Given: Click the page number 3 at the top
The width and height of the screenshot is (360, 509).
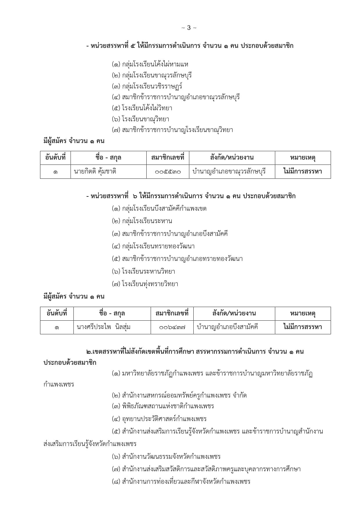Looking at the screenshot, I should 189,28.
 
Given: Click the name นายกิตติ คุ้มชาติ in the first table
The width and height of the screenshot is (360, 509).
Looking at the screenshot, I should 95,172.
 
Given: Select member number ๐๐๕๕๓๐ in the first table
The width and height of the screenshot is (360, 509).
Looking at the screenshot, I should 168,172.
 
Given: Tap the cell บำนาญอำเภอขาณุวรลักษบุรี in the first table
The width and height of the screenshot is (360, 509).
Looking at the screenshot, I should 229,172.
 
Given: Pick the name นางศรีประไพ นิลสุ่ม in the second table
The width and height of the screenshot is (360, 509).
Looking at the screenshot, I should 103,327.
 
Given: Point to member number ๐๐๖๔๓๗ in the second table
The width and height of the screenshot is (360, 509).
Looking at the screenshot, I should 172,327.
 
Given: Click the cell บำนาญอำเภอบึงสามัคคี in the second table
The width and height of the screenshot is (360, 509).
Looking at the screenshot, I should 227,327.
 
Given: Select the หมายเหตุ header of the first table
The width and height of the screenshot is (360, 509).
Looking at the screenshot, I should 303,158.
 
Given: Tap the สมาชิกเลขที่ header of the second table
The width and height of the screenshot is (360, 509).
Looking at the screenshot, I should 172,313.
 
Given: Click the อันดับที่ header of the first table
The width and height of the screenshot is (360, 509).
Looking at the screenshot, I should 55,158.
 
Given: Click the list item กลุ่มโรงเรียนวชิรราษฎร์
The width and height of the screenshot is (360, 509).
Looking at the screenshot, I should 147,86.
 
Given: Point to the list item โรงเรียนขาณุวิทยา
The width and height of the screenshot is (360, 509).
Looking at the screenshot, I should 141,119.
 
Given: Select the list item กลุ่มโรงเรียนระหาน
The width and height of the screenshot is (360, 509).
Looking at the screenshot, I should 142,221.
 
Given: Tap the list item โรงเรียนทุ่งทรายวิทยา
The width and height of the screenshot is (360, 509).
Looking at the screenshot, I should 145,284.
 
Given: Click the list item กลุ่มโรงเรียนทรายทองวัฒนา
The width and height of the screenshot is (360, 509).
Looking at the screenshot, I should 153,246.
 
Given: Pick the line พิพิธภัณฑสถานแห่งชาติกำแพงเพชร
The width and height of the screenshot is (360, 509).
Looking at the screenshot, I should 163,406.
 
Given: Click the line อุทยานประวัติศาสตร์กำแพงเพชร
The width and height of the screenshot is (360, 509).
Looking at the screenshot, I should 159,419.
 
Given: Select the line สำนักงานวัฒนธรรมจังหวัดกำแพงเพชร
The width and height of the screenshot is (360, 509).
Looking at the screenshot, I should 166,456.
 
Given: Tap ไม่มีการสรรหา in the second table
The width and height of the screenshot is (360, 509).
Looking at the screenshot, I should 303,327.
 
